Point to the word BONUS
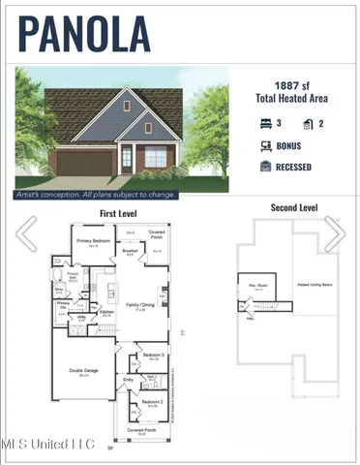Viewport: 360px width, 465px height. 288,146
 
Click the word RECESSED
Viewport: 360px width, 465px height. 294,166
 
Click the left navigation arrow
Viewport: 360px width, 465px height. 26,232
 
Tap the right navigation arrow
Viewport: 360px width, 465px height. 334,232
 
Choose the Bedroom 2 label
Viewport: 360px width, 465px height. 150,402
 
